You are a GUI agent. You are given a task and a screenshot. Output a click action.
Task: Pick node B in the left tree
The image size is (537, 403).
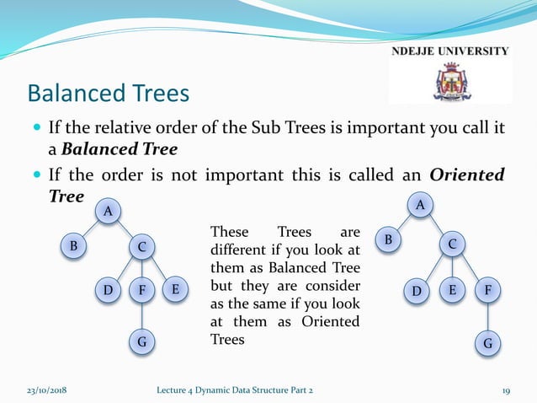tap(74, 246)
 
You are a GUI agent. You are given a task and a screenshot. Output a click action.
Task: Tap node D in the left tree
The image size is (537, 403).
tap(108, 291)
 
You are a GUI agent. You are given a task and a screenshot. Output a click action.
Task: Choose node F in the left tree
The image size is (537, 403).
tap(142, 291)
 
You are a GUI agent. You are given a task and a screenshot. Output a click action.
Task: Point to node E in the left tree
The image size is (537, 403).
tap(175, 289)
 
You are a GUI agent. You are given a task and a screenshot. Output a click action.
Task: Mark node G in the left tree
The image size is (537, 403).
tap(141, 342)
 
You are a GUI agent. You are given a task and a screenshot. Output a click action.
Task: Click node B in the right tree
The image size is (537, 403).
tap(388, 240)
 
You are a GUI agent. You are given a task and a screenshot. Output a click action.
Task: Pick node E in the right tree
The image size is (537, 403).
tap(452, 291)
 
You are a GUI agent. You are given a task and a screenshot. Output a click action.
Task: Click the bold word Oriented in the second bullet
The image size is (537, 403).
tap(467, 175)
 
